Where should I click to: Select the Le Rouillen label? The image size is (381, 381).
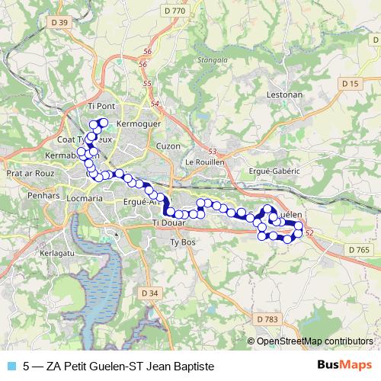202,162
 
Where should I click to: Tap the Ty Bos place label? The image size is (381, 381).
181,242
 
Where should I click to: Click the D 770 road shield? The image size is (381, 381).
174,11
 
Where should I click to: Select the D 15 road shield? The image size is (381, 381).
350,83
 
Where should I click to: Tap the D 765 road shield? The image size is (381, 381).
359,249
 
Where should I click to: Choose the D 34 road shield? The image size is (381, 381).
150,292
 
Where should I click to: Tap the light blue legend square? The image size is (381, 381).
11,366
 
